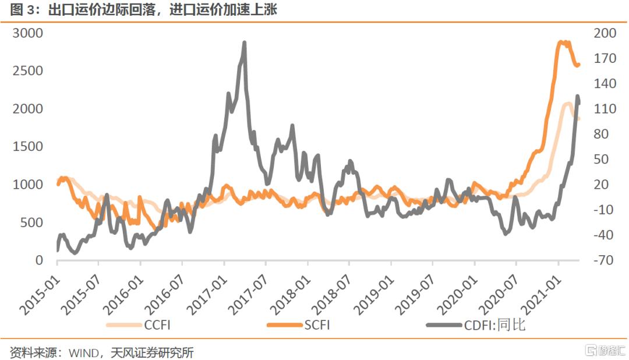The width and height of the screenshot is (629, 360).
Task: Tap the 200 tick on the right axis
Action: pyautogui.click(x=604, y=33)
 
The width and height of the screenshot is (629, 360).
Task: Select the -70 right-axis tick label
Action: pyautogui.click(x=604, y=260)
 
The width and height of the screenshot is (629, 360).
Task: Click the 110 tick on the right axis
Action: pyautogui.click(x=604, y=109)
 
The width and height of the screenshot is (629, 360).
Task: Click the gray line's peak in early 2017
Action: pyautogui.click(x=244, y=43)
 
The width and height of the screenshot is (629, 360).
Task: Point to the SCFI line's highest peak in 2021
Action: pyautogui.click(x=561, y=42)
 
